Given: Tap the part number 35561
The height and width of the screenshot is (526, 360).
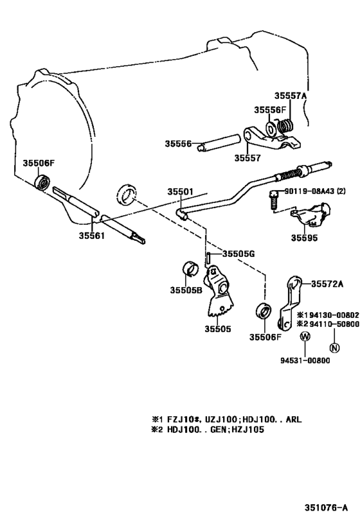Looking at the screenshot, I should tap(92, 235).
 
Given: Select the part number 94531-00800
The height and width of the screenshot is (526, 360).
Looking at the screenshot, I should tap(304, 360).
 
